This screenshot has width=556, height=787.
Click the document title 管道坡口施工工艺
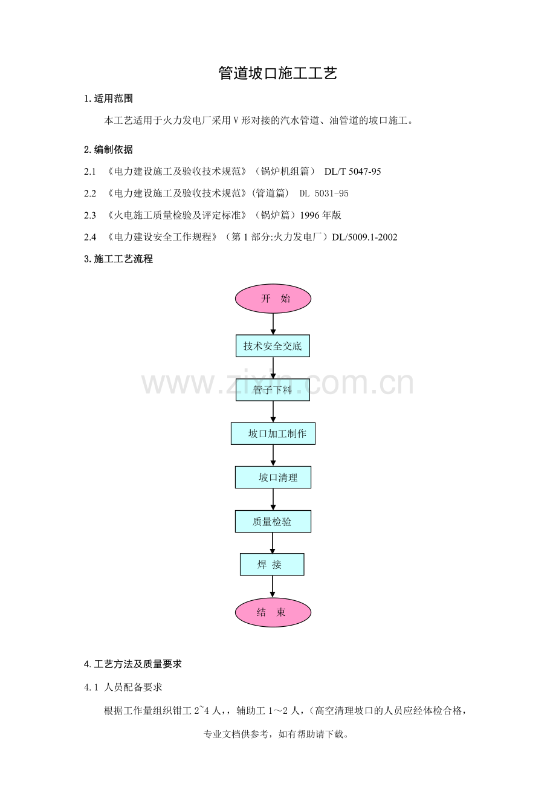click(277, 73)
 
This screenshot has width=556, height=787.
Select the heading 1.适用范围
click(109, 99)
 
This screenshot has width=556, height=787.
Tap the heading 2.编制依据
click(109, 150)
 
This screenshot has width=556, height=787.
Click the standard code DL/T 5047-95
click(352, 172)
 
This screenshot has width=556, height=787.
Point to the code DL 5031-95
click(324, 193)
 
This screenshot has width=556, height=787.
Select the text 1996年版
click(321, 215)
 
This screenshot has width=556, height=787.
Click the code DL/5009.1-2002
click(364, 237)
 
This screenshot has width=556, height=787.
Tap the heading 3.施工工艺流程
click(118, 259)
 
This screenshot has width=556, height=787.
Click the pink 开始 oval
click(273, 299)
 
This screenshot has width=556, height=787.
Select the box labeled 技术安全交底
click(273, 346)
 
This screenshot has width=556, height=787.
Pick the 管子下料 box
click(273, 390)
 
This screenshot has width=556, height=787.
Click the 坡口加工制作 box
click(273, 433)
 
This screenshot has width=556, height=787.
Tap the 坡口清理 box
click(273, 478)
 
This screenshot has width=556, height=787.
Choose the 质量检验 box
click(273, 522)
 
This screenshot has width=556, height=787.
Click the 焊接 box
click(272, 565)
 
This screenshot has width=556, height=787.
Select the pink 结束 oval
click(273, 612)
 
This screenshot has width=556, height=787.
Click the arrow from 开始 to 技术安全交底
click(273, 324)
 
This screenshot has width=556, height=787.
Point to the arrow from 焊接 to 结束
click(272, 587)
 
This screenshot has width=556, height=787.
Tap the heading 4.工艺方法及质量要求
click(133, 664)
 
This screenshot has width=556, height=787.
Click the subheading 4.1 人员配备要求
click(123, 687)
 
